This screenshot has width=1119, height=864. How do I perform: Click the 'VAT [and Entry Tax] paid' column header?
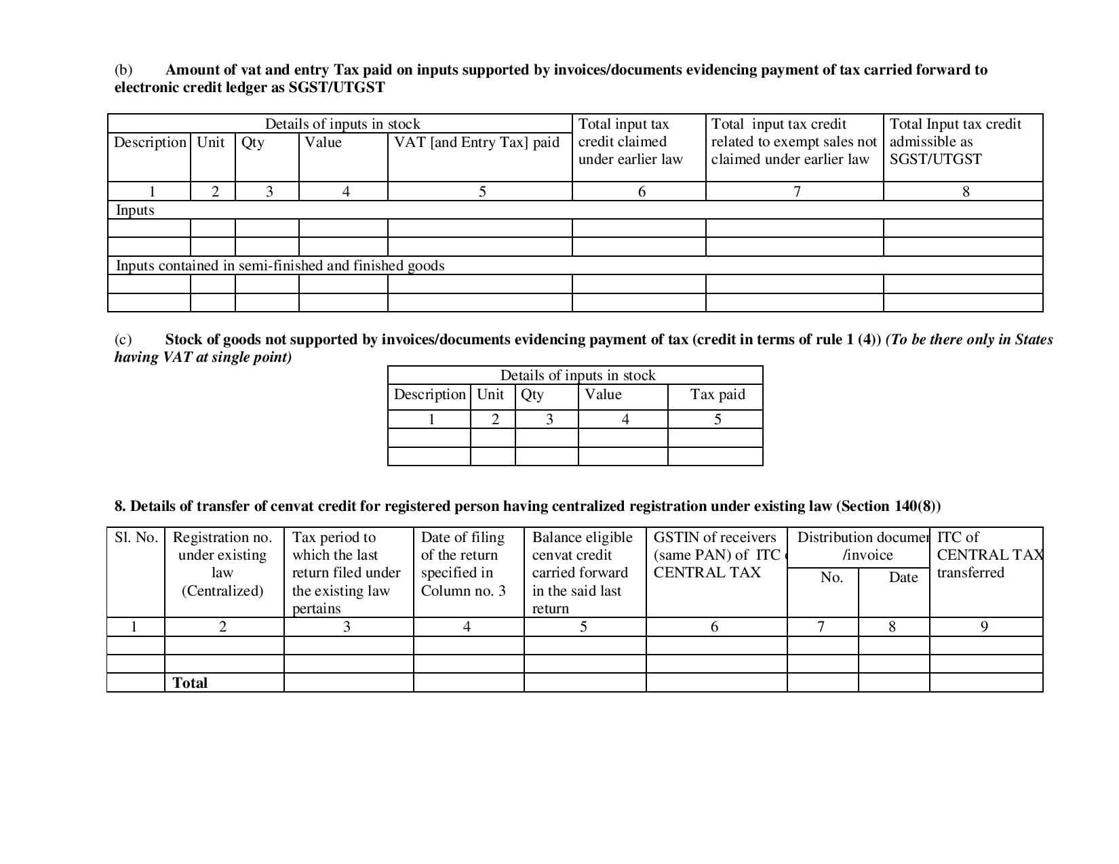(x=477, y=142)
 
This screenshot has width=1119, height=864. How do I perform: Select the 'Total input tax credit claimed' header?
(x=630, y=142)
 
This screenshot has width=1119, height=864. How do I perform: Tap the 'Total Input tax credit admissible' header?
(x=955, y=142)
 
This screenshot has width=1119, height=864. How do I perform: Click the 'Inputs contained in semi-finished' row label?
(x=280, y=266)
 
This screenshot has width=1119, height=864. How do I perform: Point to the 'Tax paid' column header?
(x=717, y=394)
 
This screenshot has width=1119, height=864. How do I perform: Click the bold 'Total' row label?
(x=190, y=683)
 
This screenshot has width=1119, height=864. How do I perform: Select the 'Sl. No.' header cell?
(x=136, y=537)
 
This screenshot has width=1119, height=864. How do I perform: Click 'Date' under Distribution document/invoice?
(x=903, y=577)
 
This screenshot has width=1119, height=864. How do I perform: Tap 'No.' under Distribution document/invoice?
(x=831, y=577)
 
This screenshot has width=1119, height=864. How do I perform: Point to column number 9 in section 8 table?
(x=984, y=627)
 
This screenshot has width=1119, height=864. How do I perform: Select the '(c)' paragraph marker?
(x=123, y=340)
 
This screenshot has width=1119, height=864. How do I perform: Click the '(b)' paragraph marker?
(x=123, y=70)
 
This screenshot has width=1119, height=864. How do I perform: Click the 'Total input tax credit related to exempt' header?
(x=793, y=142)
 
